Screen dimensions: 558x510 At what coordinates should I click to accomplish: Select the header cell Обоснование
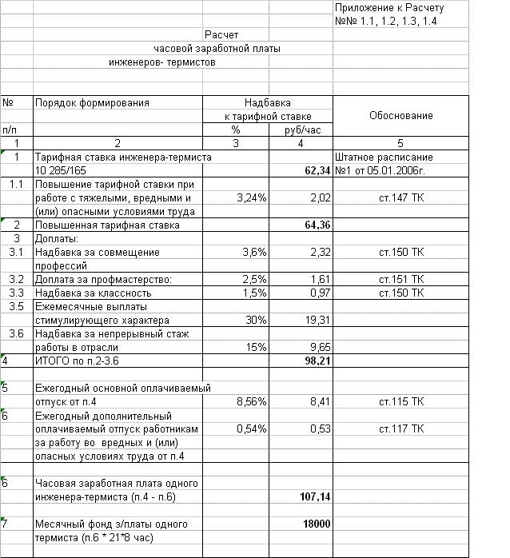click(401, 116)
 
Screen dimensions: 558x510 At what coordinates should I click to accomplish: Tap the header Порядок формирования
click(92, 103)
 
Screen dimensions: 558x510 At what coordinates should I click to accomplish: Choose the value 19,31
click(318, 320)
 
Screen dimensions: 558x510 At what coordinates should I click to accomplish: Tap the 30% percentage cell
click(256, 320)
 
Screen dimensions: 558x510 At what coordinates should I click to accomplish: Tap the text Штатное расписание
click(384, 157)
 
